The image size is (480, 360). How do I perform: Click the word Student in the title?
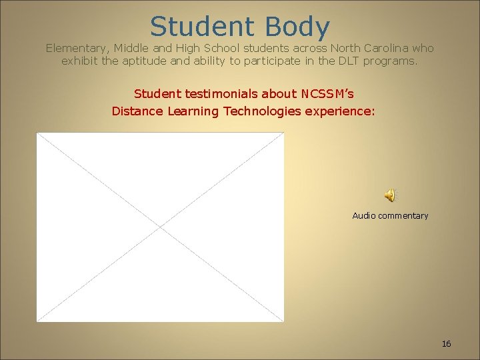[x=203, y=27]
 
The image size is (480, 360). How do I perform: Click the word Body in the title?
[x=297, y=27]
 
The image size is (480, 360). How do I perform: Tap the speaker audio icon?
[x=390, y=195]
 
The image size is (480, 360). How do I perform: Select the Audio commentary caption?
[x=390, y=215]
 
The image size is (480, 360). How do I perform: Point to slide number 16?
[x=446, y=343]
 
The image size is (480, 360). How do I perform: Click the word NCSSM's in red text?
[x=327, y=93]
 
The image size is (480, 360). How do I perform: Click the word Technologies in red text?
[x=263, y=111]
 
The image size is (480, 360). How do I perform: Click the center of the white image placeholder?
[x=160, y=227]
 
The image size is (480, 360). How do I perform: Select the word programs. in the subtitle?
[x=393, y=61]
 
